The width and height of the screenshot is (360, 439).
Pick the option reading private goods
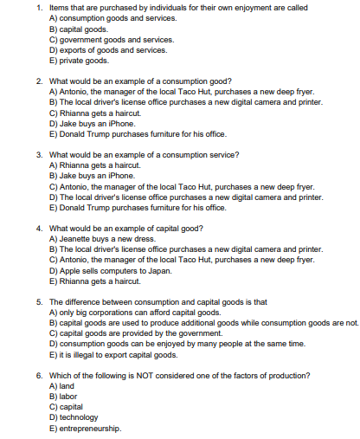point(80,61)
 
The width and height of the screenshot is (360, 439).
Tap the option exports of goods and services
point(108,50)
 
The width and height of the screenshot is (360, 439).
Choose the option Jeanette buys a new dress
point(103,239)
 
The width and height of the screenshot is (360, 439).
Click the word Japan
point(159,270)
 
